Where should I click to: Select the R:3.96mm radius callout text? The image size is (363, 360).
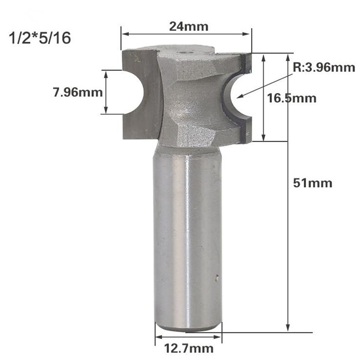[323, 68]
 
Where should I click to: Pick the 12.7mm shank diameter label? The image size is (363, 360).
[189, 349]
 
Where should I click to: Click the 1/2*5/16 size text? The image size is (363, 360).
[40, 38]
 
